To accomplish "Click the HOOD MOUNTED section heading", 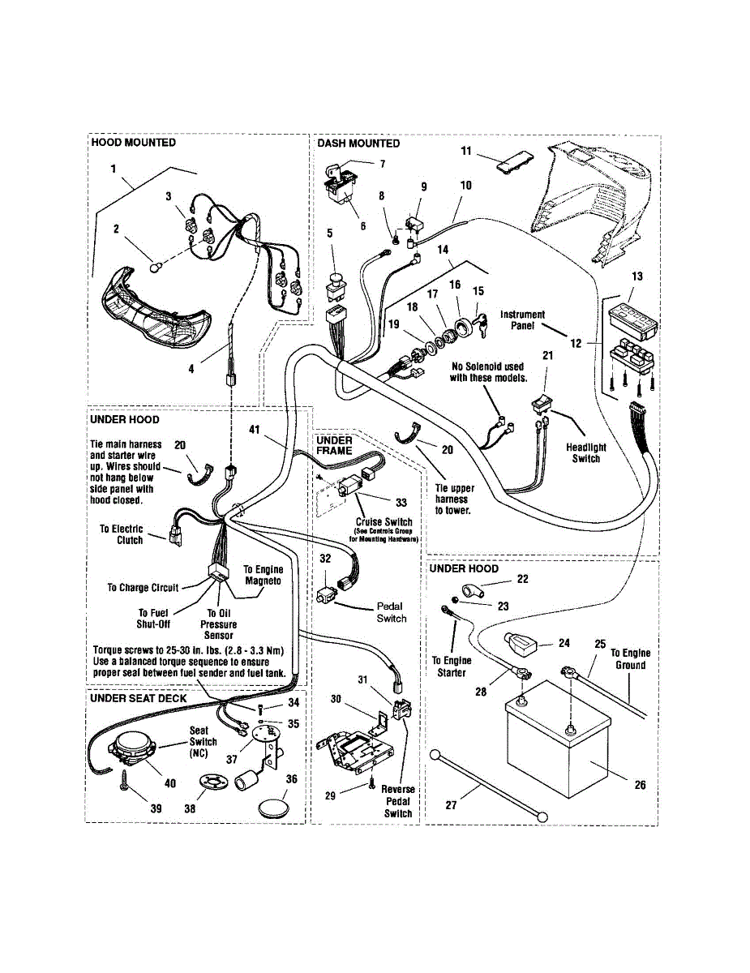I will pos(134,143).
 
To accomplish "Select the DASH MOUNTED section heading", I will pos(358,144).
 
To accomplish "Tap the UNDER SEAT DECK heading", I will pos(139,698).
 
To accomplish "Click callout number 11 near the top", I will pos(466,151).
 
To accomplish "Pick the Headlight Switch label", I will pos(586,452).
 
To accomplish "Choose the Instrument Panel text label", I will pos(522,319).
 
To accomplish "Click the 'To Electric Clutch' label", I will pos(122,534).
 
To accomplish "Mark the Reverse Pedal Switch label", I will pos(398,801).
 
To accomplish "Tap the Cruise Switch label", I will pos(384,522).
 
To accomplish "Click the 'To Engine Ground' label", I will pos(630,658).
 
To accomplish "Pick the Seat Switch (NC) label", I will pos(204,742).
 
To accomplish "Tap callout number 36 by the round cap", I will pos(291,779).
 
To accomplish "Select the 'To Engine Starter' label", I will pos(452,667).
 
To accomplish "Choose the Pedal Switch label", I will pos(390,612).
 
